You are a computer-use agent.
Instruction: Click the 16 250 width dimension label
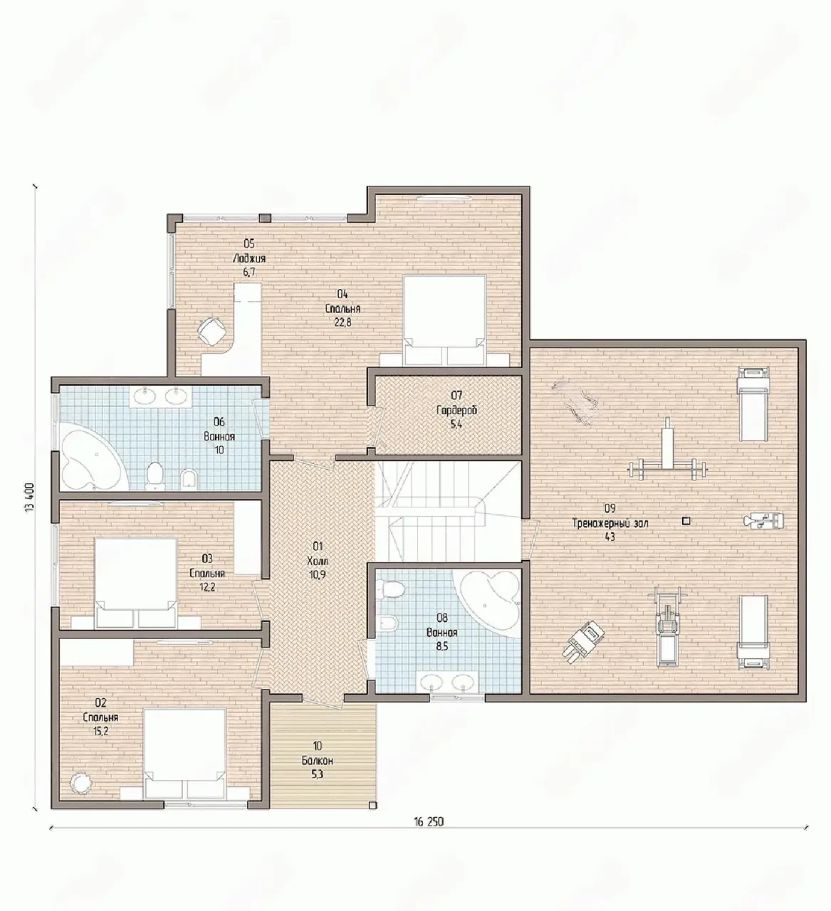pos(429,821)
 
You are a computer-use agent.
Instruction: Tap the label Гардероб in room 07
pos(456,411)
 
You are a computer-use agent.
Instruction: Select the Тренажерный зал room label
pos(610,523)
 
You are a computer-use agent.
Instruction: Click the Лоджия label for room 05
pos(249,259)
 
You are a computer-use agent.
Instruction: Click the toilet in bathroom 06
pos(155,476)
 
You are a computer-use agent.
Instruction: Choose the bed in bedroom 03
pos(135,583)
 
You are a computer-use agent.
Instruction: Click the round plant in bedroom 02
pos(82,784)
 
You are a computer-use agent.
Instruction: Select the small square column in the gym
pos(686,522)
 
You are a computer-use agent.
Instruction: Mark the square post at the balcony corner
pos(372,805)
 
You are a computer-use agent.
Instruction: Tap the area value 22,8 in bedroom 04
pos(343,323)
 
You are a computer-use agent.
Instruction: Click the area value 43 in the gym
pos(610,537)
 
